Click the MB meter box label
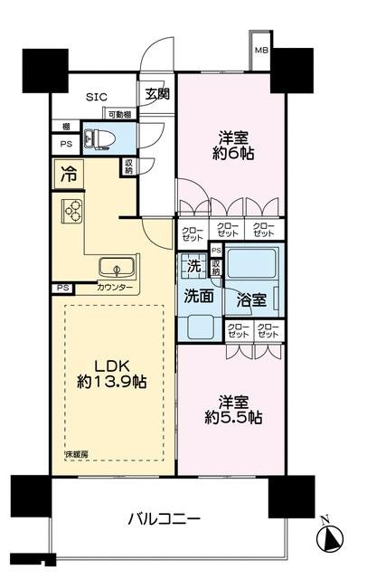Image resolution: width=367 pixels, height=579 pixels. tap(260, 51)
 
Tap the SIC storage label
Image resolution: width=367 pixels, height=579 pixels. tap(97, 97)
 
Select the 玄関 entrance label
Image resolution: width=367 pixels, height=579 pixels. tap(155, 93)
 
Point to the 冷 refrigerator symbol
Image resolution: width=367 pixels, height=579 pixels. tap(69, 172)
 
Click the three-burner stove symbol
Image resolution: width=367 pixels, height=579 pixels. tap(71, 212)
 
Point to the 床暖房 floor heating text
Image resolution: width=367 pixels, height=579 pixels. tap(75, 452)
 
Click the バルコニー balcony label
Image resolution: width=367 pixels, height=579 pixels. tap(163, 519)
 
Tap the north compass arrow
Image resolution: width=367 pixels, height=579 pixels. tap(329, 536)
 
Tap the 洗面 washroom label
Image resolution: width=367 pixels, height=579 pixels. tap(199, 295)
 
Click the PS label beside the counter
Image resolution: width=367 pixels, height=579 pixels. tap(61, 288)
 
